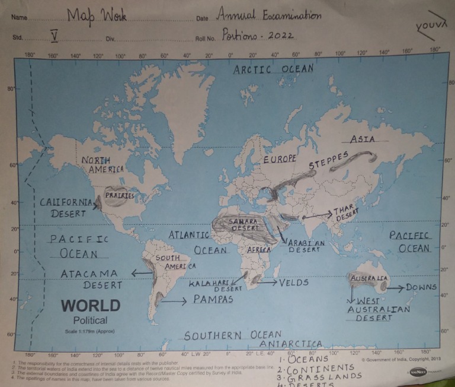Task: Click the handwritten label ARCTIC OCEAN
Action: tap(273, 69)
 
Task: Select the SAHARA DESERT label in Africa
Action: tap(243, 224)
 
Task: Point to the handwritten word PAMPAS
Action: tap(213, 299)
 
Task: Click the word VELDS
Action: tap(294, 283)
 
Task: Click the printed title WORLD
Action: tap(91, 306)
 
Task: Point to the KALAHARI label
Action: tap(209, 284)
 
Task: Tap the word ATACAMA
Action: tap(89, 274)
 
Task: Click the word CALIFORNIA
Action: tap(66, 202)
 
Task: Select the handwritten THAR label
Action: tap(343, 210)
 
